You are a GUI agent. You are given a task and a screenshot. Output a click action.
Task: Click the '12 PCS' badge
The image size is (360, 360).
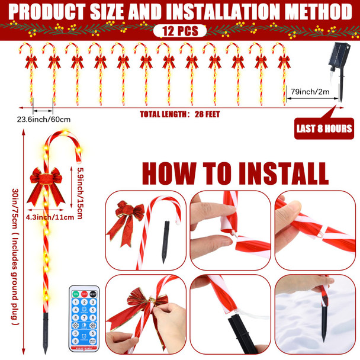179,31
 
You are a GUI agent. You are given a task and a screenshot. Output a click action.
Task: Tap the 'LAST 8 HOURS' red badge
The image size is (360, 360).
324,128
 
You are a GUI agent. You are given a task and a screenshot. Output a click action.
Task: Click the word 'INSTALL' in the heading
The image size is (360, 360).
282,172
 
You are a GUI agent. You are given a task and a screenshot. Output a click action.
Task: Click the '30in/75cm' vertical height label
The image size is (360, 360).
15,255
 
